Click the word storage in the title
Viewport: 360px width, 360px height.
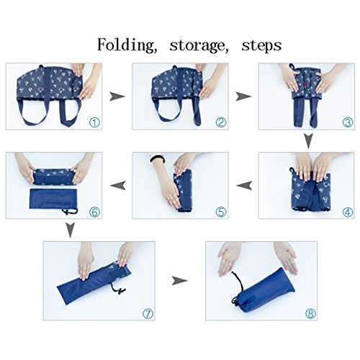(199, 45)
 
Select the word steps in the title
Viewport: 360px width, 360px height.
(261, 45)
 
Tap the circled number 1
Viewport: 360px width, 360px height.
(94, 122)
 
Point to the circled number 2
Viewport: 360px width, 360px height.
(221, 122)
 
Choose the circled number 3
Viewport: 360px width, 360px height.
(347, 122)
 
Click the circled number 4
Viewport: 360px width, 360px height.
(347, 212)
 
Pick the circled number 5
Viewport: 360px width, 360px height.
(221, 212)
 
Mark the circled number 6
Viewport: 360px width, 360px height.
(94, 212)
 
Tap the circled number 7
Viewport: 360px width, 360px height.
(148, 313)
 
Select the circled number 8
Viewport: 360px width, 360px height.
(310, 313)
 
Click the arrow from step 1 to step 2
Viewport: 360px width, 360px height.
(117, 96)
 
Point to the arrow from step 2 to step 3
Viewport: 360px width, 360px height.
(243, 96)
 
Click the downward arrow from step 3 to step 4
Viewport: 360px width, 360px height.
(308, 140)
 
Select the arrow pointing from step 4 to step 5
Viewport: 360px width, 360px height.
(244, 186)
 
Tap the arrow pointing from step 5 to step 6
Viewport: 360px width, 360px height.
(117, 186)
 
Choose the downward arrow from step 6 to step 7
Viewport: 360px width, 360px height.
(70, 230)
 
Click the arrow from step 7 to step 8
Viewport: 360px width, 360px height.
(179, 281)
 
